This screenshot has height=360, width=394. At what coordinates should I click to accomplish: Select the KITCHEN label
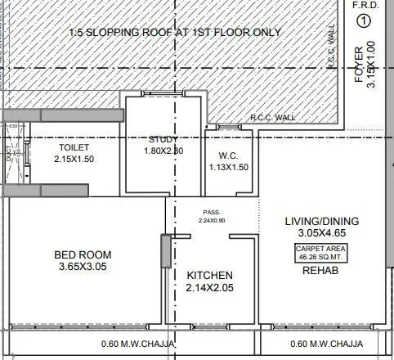click(x=210, y=275)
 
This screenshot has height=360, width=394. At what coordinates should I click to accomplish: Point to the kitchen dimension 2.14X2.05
click(x=210, y=288)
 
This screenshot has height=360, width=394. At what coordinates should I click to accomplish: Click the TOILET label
click(x=74, y=148)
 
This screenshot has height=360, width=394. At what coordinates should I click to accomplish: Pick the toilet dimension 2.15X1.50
click(x=74, y=159)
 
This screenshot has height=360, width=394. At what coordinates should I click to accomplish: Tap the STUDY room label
click(x=163, y=139)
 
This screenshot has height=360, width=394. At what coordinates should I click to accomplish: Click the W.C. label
click(x=228, y=155)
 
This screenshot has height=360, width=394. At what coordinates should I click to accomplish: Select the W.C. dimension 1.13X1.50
click(x=228, y=167)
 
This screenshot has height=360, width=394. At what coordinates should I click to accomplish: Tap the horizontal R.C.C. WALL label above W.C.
click(x=273, y=118)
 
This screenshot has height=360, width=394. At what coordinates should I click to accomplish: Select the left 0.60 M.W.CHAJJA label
click(x=137, y=344)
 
